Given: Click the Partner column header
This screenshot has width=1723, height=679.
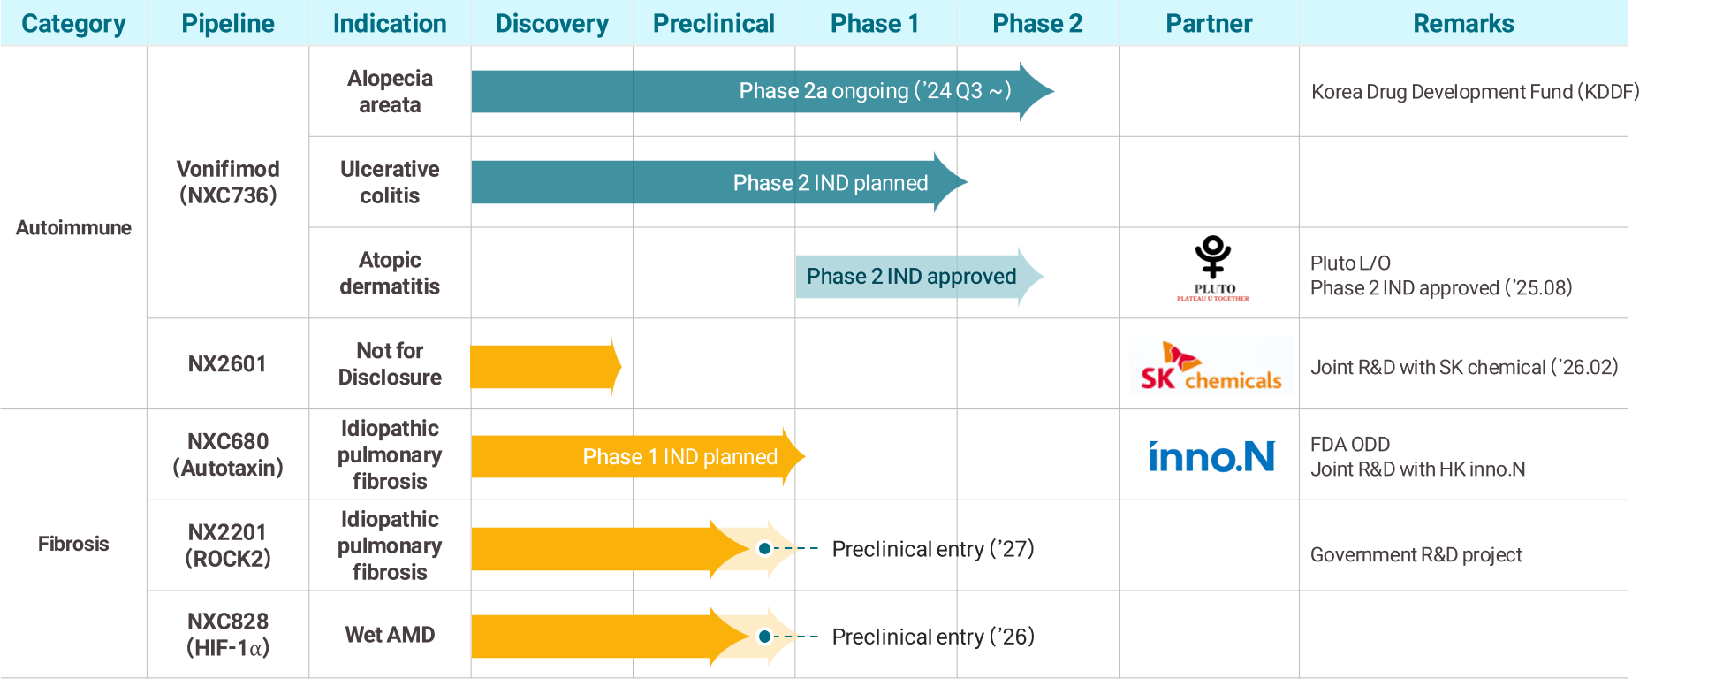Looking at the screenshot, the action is [x=1209, y=23].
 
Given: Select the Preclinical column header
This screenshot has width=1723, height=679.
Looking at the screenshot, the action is [x=713, y=23].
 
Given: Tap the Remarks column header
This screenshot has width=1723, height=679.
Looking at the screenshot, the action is [x=1463, y=23].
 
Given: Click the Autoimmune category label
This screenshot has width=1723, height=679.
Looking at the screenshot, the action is [x=73, y=227].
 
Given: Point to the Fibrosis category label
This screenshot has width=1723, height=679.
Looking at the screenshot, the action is [x=73, y=544].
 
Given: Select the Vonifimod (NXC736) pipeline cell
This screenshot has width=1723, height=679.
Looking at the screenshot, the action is [x=228, y=182].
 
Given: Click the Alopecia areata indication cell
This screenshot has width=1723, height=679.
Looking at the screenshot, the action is [x=390, y=91].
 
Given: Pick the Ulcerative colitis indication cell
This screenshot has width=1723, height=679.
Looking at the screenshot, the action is [x=390, y=182].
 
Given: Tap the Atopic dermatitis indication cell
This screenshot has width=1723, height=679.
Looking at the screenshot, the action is [x=390, y=273].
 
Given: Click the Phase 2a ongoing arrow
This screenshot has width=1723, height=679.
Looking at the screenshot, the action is [x=763, y=91].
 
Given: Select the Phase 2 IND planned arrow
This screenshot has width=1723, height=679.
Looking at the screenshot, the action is [x=719, y=182].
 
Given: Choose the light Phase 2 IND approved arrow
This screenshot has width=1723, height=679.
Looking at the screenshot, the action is [x=920, y=276].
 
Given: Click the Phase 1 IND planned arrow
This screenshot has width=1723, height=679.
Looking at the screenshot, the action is [x=638, y=456].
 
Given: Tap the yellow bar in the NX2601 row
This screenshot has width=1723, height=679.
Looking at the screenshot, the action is [x=546, y=366].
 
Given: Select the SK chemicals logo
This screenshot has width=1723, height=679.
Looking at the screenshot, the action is [x=1211, y=366].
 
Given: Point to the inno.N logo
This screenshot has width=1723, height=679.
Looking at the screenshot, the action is [x=1211, y=456].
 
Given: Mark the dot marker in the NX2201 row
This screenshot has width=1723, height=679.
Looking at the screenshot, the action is [x=764, y=548].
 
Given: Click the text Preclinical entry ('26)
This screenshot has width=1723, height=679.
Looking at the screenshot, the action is [x=933, y=637].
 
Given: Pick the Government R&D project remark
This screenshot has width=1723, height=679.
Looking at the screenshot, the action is [x=1416, y=554].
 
